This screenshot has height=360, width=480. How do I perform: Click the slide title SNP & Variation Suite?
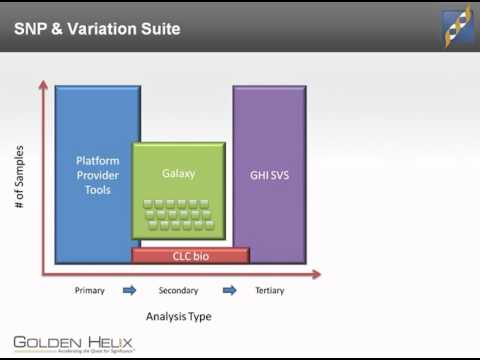97,29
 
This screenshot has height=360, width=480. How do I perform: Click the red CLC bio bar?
190,256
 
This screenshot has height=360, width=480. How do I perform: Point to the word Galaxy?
179,173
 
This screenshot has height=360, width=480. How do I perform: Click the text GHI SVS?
269,173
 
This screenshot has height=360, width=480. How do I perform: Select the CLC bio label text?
190,256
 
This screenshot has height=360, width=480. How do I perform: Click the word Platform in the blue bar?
97,159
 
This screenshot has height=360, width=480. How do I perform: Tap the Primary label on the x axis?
90,291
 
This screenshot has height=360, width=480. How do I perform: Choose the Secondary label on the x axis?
179,291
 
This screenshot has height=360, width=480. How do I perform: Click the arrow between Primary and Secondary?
129,291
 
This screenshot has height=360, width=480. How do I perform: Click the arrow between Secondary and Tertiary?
229,291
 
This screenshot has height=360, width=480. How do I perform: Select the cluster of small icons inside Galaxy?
179,214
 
